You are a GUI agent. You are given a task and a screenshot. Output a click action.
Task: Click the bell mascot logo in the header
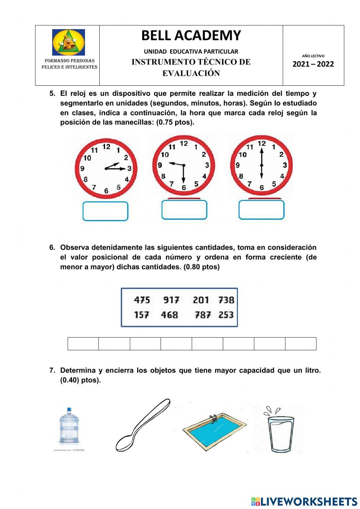click(68, 42)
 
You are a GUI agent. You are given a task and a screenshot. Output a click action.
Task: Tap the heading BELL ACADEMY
click(191, 35)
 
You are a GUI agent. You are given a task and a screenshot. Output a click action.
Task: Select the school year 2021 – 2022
click(313, 64)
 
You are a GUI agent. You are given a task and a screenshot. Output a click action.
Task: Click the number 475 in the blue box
click(142, 300)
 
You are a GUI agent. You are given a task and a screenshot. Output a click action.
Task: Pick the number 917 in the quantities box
click(171, 300)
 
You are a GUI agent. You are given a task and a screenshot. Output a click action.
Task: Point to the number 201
click(201, 300)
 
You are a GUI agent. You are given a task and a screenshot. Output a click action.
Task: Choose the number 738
click(226, 300)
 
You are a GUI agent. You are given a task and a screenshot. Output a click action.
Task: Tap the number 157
click(141, 315)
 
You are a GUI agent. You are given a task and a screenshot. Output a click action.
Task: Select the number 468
click(169, 315)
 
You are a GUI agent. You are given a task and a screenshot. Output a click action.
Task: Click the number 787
click(203, 315)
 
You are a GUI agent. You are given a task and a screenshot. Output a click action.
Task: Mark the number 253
click(226, 315)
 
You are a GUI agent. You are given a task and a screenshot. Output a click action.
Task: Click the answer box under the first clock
click(105, 211)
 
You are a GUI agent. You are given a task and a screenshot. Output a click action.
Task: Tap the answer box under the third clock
click(261, 210)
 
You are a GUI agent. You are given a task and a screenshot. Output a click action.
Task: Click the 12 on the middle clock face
click(184, 144)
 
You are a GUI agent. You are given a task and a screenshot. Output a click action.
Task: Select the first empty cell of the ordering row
click(83, 344)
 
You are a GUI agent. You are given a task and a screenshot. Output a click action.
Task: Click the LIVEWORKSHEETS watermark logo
click(304, 501)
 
